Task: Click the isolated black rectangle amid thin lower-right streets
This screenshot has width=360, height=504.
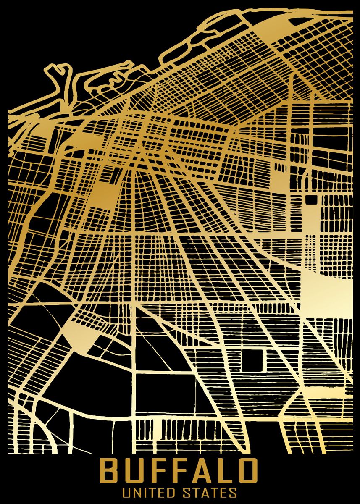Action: (252, 360)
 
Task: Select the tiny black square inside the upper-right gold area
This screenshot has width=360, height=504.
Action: (311, 200)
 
